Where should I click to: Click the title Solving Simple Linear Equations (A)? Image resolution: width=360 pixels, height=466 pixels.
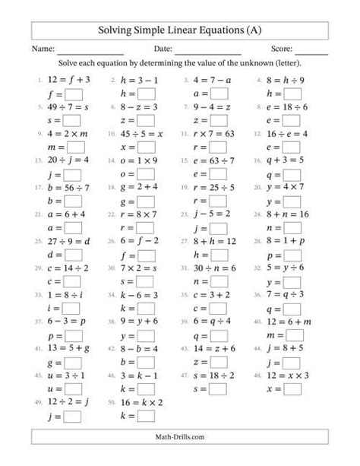(x=180, y=30)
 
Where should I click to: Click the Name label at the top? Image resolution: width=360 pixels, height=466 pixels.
(x=43, y=50)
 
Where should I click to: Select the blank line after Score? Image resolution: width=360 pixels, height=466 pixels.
(x=311, y=51)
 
